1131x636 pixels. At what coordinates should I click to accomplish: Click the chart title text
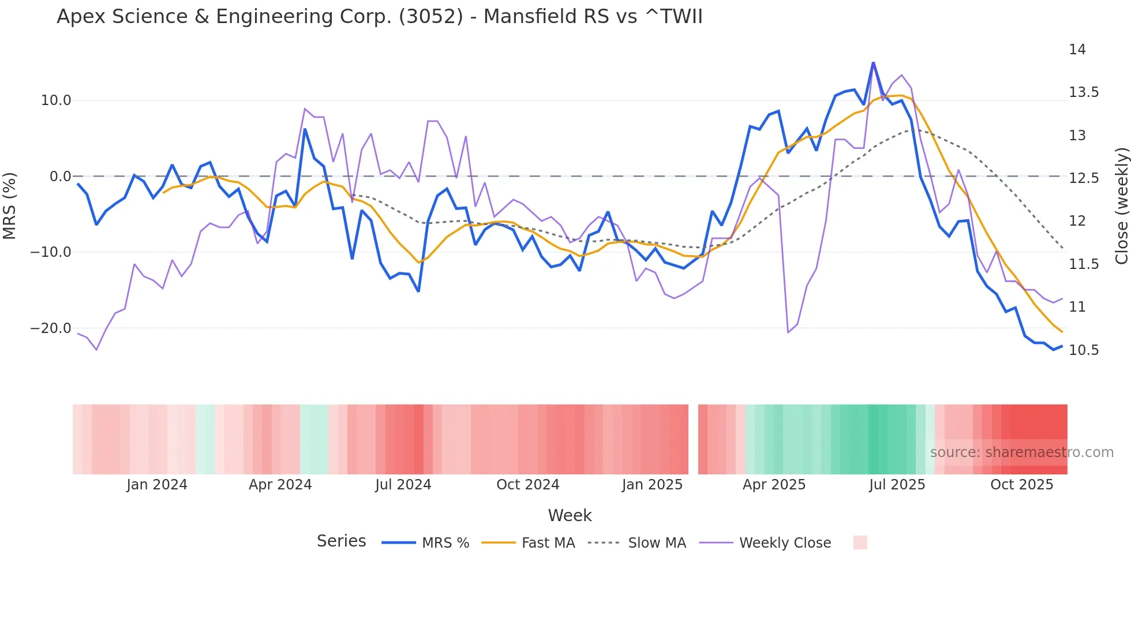point(379,17)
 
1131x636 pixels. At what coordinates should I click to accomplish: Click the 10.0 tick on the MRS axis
point(56,100)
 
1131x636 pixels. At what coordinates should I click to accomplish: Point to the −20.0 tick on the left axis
point(51,328)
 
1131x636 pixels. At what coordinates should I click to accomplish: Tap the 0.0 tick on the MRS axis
point(60,177)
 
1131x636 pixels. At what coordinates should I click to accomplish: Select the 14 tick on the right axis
point(1077,50)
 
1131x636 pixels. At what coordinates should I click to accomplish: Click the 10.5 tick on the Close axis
point(1084,350)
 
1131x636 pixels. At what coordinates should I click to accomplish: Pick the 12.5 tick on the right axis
point(1084,178)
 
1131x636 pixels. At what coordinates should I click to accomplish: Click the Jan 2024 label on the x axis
point(157,485)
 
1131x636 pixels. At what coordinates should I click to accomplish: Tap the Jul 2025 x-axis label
point(897,485)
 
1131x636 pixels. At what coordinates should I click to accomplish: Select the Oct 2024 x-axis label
point(527,485)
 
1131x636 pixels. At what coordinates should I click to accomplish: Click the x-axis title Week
point(570,515)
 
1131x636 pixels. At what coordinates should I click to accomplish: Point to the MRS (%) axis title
point(10,205)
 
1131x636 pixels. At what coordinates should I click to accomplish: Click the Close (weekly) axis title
point(1121,205)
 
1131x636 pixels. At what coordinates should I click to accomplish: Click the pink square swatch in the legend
point(860,543)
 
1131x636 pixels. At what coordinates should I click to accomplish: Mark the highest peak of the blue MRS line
point(873,62)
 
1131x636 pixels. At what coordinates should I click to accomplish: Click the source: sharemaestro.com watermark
point(1021,452)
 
